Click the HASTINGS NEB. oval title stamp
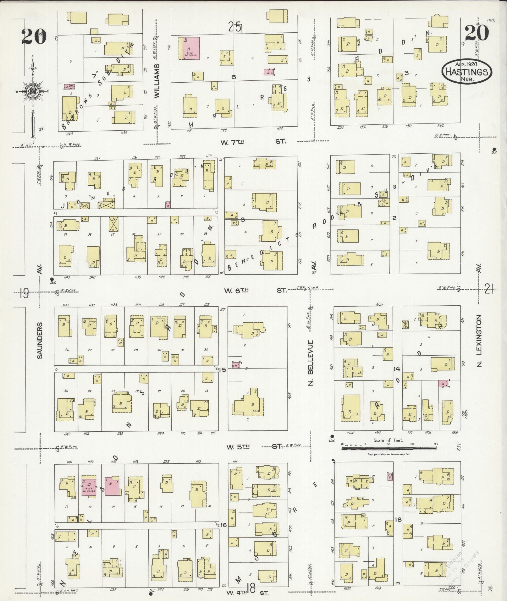[467, 72]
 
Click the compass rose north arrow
[32, 91]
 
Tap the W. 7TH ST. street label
[253, 142]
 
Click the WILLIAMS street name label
[157, 80]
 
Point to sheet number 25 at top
[235, 27]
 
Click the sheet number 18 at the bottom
[251, 587]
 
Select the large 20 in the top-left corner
[34, 36]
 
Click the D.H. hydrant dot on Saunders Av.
[52, 279]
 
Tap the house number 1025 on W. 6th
[379, 304]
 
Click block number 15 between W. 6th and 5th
[223, 370]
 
